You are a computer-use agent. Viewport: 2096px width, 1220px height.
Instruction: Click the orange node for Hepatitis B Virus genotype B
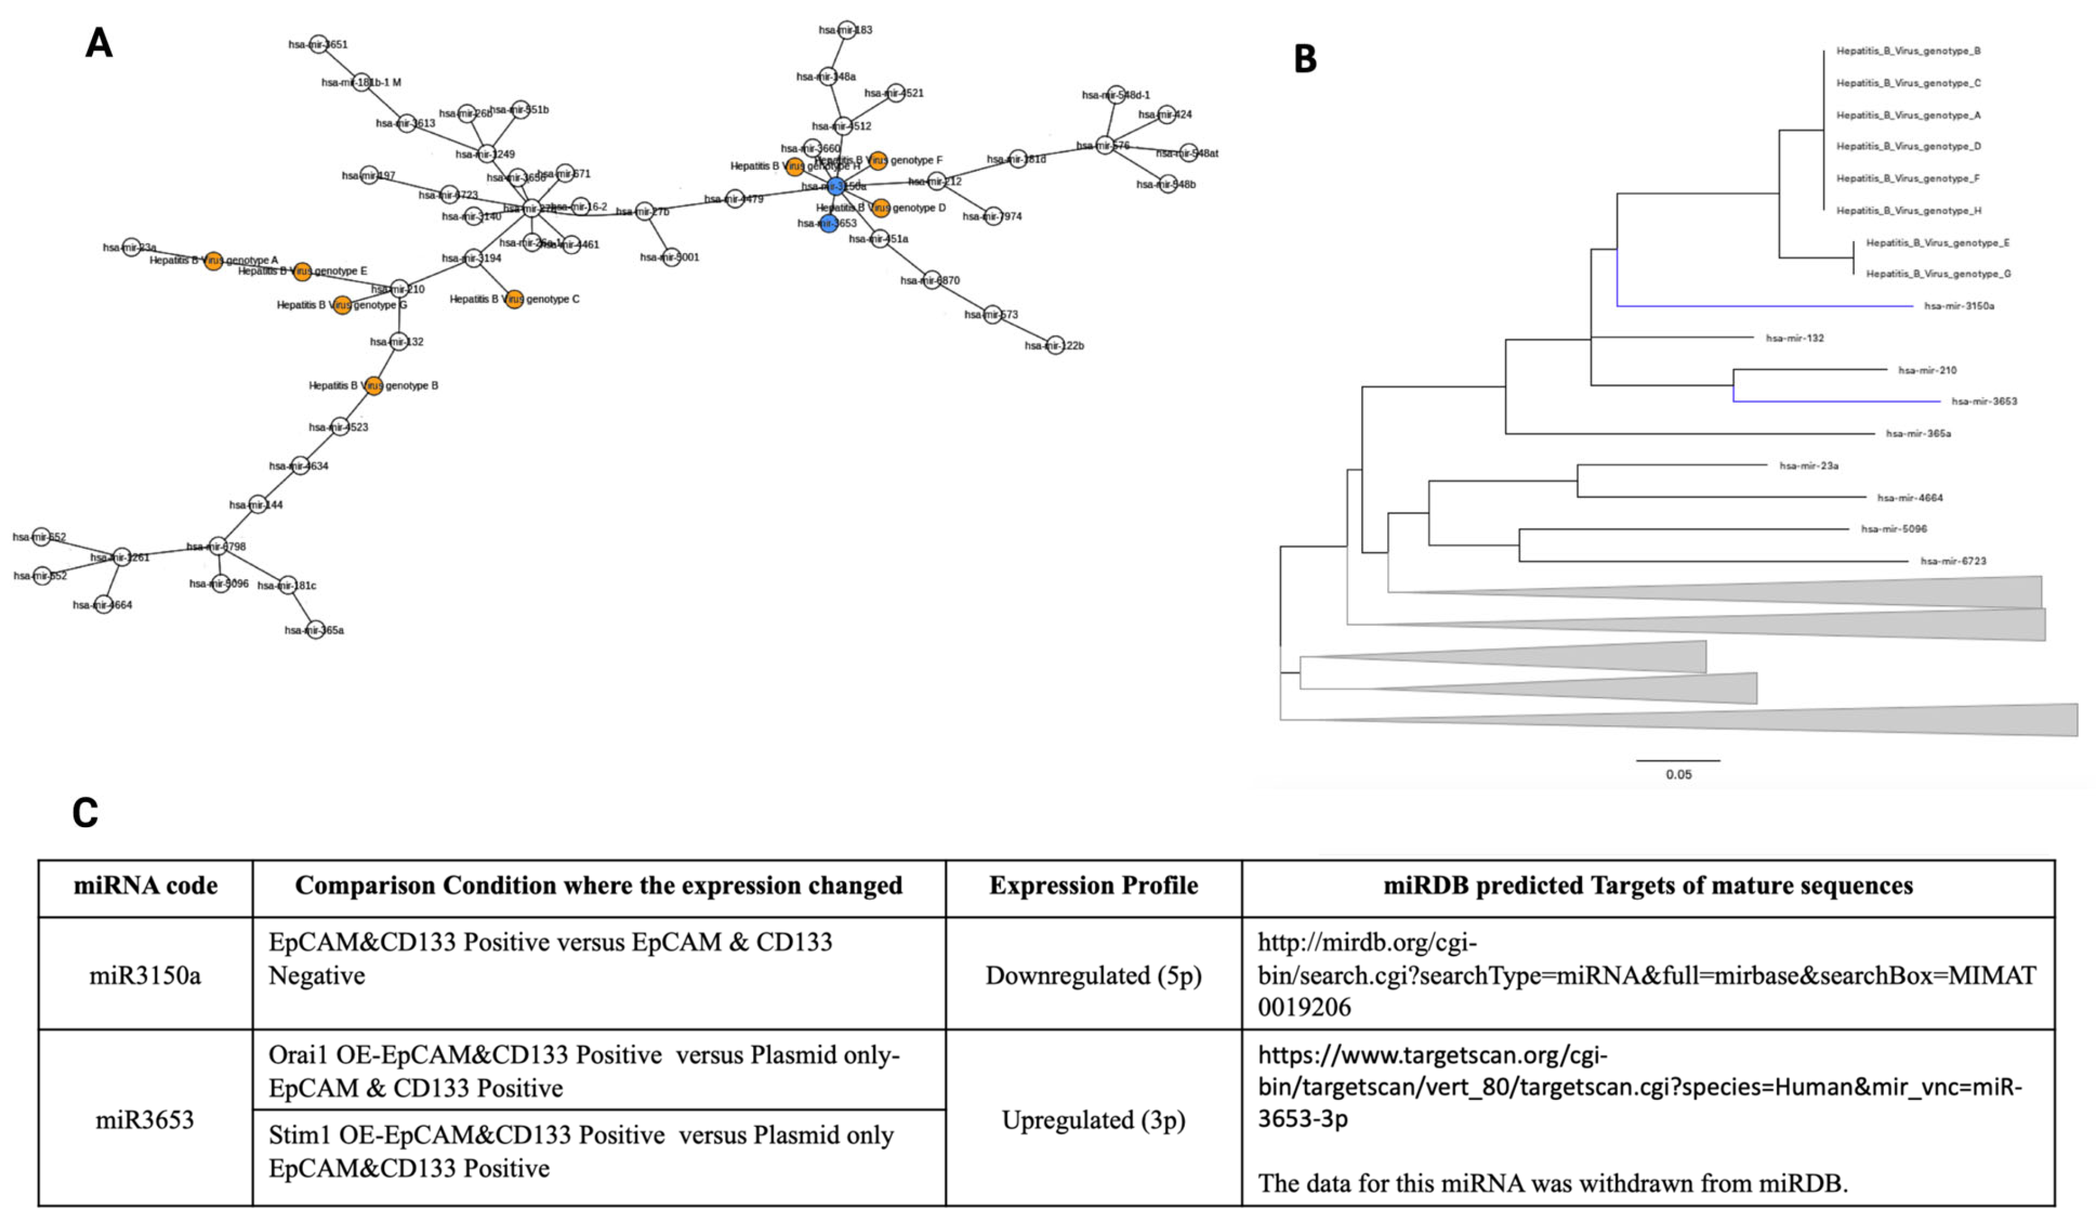click(374, 385)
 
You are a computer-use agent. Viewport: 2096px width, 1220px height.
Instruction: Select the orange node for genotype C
click(514, 299)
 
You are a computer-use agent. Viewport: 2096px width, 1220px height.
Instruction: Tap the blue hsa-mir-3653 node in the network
click(828, 223)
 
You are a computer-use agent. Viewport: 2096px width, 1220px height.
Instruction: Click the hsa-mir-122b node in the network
click(1055, 345)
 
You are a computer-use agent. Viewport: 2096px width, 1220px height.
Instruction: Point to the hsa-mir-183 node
click(847, 30)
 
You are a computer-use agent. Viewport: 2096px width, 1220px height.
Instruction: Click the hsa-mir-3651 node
click(318, 44)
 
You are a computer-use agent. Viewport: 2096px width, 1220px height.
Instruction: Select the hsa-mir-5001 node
click(670, 257)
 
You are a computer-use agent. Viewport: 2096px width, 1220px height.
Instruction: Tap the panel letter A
click(99, 43)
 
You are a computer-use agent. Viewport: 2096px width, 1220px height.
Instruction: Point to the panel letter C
click(86, 813)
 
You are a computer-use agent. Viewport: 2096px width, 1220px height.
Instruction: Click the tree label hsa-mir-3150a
click(1959, 306)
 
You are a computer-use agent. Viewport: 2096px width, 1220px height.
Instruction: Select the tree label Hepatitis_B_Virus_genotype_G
click(1937, 274)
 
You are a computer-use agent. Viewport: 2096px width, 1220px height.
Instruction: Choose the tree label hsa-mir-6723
click(1953, 561)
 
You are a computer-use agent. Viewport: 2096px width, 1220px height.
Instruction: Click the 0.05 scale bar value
click(1679, 775)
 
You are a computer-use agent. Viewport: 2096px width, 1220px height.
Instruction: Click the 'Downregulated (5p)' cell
click(1093, 976)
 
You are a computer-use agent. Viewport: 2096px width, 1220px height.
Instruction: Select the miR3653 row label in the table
click(145, 1119)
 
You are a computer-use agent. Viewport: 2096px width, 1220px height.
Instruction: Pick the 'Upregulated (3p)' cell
click(1093, 1120)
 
